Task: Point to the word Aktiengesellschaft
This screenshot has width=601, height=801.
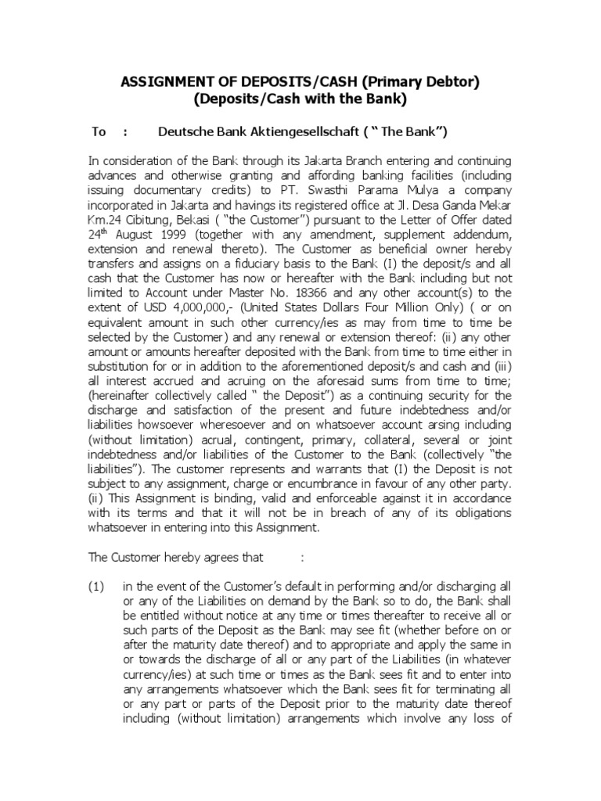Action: pos(312,132)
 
